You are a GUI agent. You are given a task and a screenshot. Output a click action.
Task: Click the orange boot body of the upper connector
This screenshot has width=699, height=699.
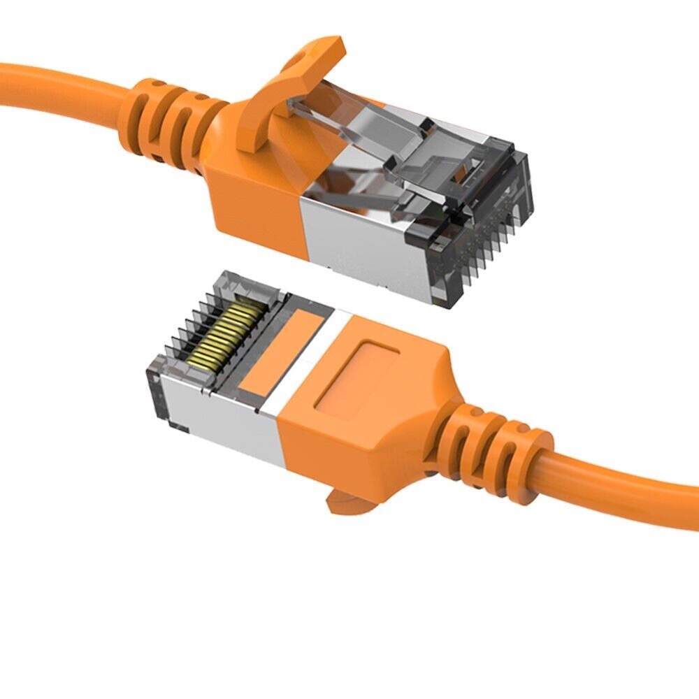click(x=252, y=182)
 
